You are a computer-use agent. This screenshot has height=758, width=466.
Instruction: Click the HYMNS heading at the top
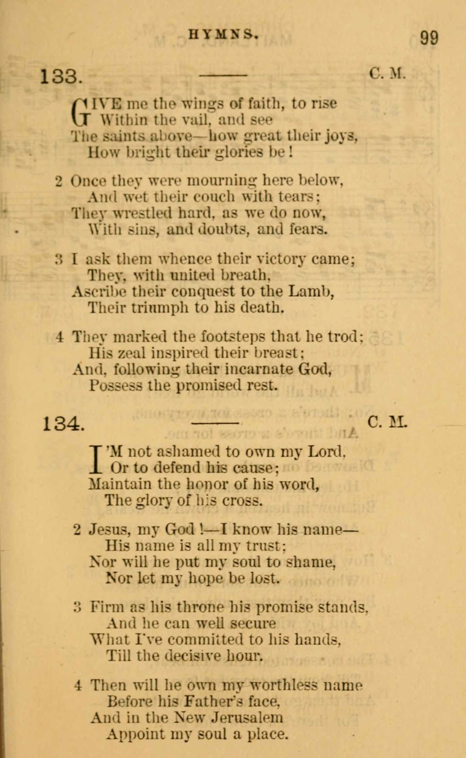point(223,35)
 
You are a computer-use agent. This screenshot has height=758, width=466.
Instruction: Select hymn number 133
point(61,77)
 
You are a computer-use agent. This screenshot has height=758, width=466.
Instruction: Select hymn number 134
point(63,424)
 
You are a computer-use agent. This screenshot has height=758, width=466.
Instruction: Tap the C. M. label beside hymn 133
point(387,74)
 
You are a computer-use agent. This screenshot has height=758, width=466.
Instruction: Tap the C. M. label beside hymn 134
point(387,423)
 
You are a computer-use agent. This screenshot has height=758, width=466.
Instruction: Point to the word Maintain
point(120,484)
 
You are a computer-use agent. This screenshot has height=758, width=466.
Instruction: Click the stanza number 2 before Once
point(59,182)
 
